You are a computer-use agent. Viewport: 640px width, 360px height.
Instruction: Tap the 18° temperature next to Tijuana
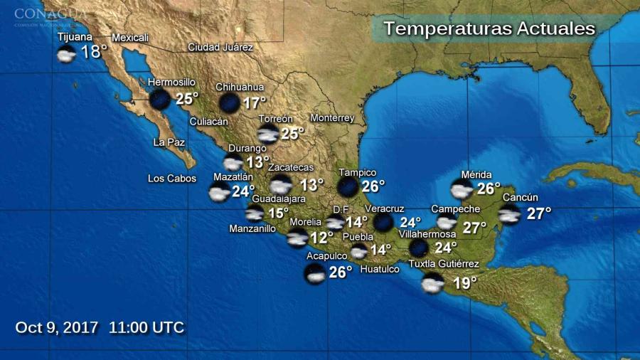(94, 52)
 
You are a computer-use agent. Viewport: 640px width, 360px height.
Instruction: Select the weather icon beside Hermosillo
(159, 100)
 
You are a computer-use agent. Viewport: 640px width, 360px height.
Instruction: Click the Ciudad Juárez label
(220, 47)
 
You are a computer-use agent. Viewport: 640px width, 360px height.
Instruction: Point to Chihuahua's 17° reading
(254, 102)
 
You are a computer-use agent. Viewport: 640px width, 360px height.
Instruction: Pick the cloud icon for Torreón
(268, 134)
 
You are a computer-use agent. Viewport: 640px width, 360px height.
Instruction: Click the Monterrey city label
(332, 117)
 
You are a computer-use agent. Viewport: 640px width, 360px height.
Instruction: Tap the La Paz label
(169, 142)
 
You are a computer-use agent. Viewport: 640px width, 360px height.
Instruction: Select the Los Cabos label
(171, 179)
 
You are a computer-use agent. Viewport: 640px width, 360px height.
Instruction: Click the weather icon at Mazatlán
(219, 192)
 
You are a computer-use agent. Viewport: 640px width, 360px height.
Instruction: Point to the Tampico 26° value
(373, 186)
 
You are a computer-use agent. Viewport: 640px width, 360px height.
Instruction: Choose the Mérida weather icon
(462, 189)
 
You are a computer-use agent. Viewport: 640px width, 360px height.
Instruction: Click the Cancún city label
(521, 198)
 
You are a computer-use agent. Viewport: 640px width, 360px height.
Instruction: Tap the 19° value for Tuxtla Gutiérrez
(465, 284)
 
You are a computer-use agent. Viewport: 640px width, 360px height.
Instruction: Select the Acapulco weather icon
(314, 273)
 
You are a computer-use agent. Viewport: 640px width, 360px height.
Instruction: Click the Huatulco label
(380, 269)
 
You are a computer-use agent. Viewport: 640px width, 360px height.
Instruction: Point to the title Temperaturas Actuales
(489, 29)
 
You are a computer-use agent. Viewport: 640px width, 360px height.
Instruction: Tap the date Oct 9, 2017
(57, 327)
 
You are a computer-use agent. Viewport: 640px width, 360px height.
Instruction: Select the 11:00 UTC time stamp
(146, 327)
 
